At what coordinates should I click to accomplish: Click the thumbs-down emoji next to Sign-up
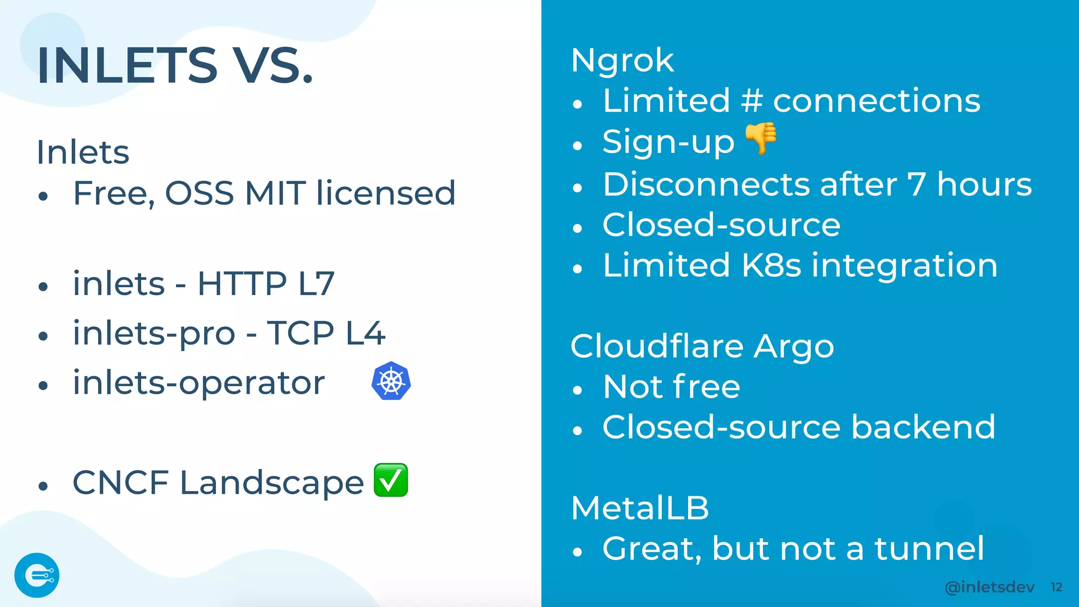pos(761,139)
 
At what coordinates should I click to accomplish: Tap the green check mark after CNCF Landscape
pos(391,480)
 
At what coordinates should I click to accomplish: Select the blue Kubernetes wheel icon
pos(391,381)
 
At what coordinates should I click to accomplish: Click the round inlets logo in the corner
pos(37,575)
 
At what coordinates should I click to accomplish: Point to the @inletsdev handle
pos(989,587)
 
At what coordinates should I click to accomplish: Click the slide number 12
pos(1056,587)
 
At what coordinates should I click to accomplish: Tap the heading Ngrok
pos(622,61)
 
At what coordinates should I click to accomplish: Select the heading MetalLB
pos(640,508)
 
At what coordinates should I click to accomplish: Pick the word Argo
pos(794,348)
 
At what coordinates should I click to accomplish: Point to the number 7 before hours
pos(917,184)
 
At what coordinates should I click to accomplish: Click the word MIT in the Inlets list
pos(275,193)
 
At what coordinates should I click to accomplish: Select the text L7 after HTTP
pos(316,283)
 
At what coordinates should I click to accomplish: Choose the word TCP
pos(300,333)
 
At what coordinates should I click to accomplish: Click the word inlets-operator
pos(199,383)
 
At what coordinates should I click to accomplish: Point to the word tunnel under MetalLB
pos(929,549)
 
